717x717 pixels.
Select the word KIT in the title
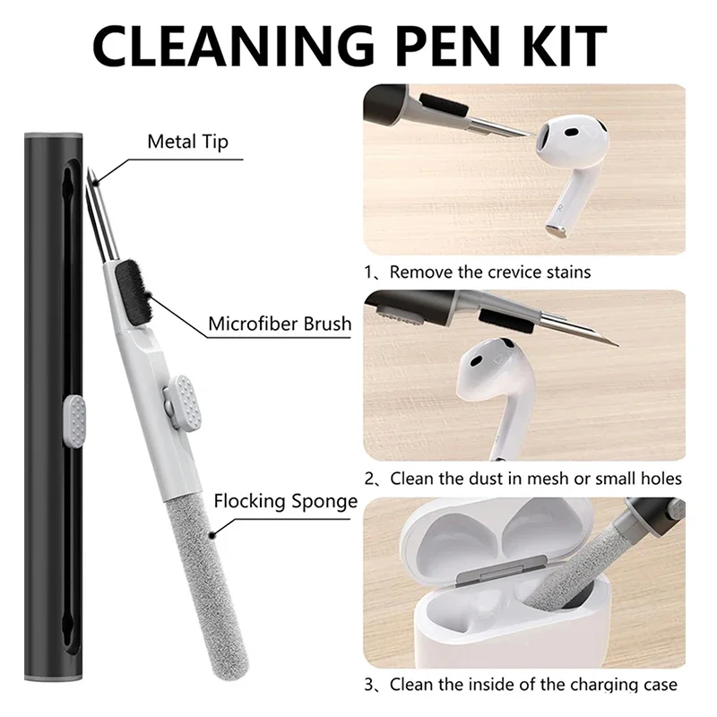pyautogui.click(x=559, y=45)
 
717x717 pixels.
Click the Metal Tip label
pyautogui.click(x=187, y=142)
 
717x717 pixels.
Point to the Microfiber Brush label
pyautogui.click(x=280, y=324)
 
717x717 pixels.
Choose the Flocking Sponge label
pyautogui.click(x=286, y=500)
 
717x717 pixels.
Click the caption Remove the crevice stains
pyautogui.click(x=489, y=271)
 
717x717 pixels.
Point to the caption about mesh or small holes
pyautogui.click(x=535, y=479)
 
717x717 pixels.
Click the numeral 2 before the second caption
pyautogui.click(x=369, y=479)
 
